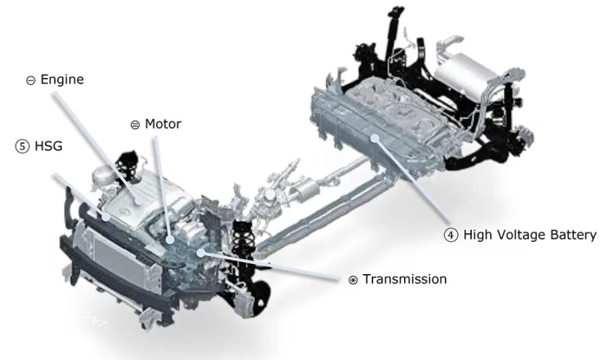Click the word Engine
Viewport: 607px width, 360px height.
click(x=62, y=80)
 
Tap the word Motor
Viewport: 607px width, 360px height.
click(x=163, y=124)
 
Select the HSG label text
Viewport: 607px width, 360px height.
click(x=49, y=146)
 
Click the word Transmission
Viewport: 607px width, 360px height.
click(x=405, y=279)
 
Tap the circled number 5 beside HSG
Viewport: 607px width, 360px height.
click(x=22, y=147)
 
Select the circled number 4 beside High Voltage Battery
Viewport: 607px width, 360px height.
click(x=451, y=235)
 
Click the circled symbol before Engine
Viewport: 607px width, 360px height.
click(x=30, y=81)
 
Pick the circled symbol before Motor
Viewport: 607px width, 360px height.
click(x=135, y=125)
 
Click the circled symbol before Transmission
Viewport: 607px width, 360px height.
click(x=353, y=280)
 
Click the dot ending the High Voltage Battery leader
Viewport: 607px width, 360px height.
click(x=375, y=138)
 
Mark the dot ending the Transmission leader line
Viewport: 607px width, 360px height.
click(x=200, y=253)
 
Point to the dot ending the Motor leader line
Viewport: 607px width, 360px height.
click(x=170, y=239)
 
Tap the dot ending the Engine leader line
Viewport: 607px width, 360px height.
click(x=139, y=200)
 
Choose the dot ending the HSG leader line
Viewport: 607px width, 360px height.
click(x=106, y=216)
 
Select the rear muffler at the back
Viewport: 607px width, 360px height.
click(x=467, y=74)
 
